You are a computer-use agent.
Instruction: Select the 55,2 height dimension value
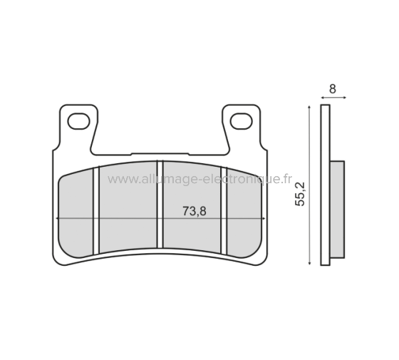[x=300, y=194]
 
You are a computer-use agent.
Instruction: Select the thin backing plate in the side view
[x=325, y=185]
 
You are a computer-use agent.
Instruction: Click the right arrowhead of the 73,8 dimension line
[x=266, y=217]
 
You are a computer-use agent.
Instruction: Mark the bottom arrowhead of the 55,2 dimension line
[x=309, y=263]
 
